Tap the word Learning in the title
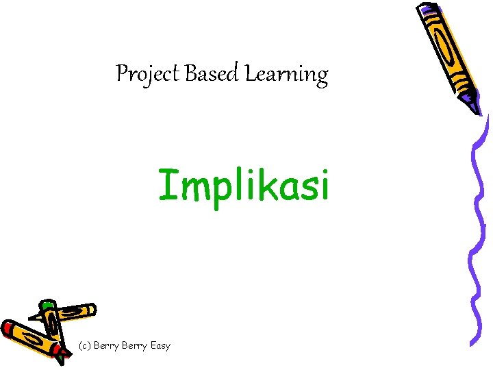[x=286, y=74]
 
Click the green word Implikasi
[x=244, y=185]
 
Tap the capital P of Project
[x=123, y=73]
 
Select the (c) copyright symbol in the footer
[x=84, y=346]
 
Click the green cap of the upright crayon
[x=47, y=306]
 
